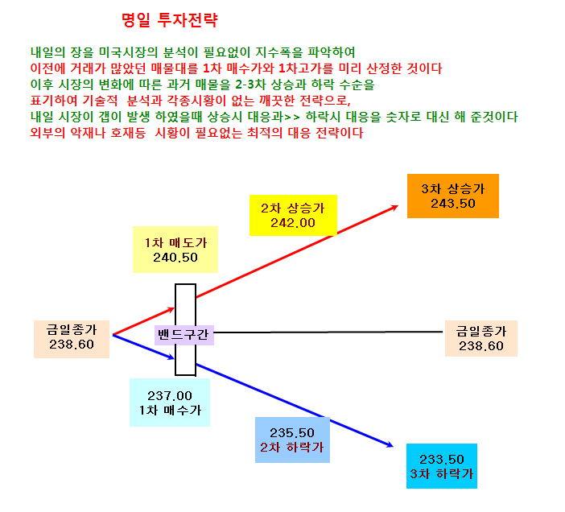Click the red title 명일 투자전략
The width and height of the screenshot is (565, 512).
point(169,20)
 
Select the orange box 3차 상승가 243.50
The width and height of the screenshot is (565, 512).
point(453,196)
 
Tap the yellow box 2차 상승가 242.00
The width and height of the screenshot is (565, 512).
point(293,216)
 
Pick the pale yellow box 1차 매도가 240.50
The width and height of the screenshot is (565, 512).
point(175,250)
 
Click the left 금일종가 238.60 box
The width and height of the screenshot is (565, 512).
point(72,339)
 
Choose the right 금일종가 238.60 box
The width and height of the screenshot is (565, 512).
point(481,338)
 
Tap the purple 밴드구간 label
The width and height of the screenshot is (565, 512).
point(184,335)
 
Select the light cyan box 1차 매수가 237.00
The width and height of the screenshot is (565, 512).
point(170,403)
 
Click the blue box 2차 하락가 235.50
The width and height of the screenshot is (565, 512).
point(292,440)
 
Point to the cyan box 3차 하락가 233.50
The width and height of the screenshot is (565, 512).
point(442,466)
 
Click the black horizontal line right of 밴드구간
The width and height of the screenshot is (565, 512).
point(328,332)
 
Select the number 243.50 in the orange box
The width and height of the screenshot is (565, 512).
point(453,204)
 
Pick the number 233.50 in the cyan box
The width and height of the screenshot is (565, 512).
point(442,460)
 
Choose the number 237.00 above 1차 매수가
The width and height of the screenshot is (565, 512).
point(170,396)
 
